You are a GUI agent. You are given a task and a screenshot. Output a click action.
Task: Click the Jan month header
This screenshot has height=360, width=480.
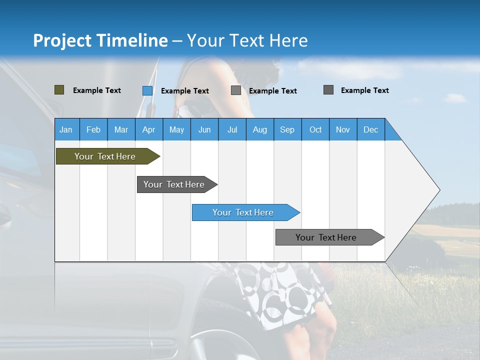(x=66, y=129)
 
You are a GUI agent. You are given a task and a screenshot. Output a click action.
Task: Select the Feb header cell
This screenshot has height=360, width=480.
(x=93, y=129)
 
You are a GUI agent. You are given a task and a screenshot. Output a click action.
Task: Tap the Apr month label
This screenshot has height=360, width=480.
(x=148, y=129)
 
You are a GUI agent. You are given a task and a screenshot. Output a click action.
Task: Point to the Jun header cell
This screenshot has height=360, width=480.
(x=204, y=129)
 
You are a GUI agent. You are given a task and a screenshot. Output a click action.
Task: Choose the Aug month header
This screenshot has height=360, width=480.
(x=259, y=129)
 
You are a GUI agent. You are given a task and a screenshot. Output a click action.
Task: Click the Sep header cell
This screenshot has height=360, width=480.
(x=287, y=129)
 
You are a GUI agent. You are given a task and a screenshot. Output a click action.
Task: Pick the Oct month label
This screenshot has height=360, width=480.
(x=315, y=129)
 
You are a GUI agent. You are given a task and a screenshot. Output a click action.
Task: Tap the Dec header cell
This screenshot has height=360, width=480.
(x=370, y=129)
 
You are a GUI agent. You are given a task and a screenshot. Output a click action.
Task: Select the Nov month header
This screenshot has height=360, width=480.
(x=343, y=129)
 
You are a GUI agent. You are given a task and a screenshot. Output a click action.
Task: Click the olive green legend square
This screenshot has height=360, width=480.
(x=59, y=90)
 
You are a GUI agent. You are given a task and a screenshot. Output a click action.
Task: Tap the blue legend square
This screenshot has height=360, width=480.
(x=147, y=90)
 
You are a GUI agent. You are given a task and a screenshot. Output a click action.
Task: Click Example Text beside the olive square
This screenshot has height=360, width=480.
(x=97, y=90)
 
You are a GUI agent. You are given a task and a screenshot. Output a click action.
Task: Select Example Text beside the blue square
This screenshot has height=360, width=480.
(x=185, y=91)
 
